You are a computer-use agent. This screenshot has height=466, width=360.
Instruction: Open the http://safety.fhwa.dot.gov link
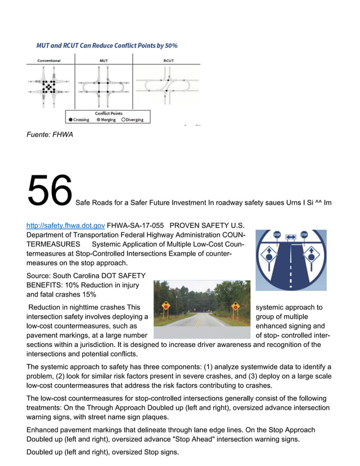click(65, 225)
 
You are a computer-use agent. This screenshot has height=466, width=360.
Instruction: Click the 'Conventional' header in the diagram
click(49, 60)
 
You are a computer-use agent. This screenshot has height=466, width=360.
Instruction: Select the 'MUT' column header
click(104, 60)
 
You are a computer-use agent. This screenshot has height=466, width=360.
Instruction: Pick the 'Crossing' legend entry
click(78, 120)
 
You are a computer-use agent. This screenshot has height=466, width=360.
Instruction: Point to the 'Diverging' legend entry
click(132, 120)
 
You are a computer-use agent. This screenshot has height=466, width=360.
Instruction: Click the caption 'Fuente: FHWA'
click(50, 134)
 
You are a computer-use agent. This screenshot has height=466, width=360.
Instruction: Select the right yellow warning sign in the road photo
click(235, 306)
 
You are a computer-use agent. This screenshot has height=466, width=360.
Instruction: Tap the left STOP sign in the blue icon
click(277, 235)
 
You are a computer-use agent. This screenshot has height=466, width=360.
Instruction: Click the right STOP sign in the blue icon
click(304, 235)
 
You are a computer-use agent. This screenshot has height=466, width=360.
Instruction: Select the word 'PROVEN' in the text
click(186, 225)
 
